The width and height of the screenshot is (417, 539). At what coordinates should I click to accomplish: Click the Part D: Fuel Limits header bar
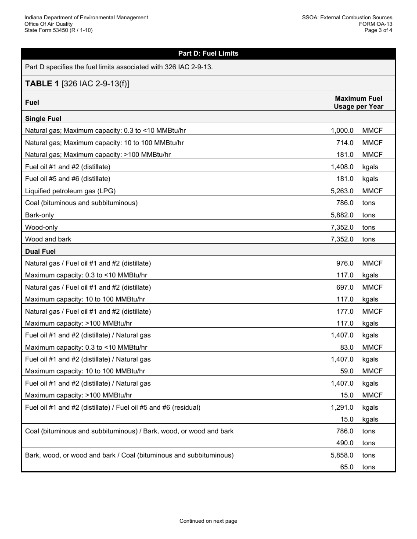tap(208, 53)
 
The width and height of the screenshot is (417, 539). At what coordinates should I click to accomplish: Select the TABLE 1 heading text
tap(77, 83)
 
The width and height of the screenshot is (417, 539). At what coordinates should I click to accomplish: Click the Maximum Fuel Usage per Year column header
tap(358, 102)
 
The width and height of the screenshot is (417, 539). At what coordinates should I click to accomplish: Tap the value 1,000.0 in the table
tap(342, 131)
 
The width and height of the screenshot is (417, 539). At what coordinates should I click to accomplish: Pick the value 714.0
tap(345, 143)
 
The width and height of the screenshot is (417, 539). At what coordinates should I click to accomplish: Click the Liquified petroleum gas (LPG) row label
tap(70, 191)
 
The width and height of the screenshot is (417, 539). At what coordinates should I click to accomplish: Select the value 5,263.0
tap(342, 191)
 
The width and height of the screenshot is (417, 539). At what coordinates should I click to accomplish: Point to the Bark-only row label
tap(40, 215)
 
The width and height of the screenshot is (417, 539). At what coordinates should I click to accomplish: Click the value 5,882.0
tap(342, 215)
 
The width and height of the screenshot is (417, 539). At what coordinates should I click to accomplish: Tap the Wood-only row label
tap(41, 227)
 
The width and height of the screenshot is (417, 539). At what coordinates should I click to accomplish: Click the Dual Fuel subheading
tap(40, 252)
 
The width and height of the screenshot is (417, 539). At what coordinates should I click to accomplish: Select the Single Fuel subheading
tap(43, 119)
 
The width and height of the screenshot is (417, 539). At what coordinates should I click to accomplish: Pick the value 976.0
tap(345, 263)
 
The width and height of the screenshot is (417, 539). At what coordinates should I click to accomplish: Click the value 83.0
tap(346, 348)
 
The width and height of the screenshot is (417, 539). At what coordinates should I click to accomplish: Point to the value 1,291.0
tap(342, 408)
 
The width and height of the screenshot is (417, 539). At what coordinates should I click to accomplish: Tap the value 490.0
tap(345, 443)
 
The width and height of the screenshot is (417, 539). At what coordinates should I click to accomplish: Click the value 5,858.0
tap(342, 455)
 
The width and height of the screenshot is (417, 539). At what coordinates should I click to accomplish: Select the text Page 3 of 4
tap(378, 30)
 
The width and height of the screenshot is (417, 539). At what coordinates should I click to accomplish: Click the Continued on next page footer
tap(208, 521)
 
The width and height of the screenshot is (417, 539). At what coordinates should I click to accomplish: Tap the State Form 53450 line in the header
tap(58, 30)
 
